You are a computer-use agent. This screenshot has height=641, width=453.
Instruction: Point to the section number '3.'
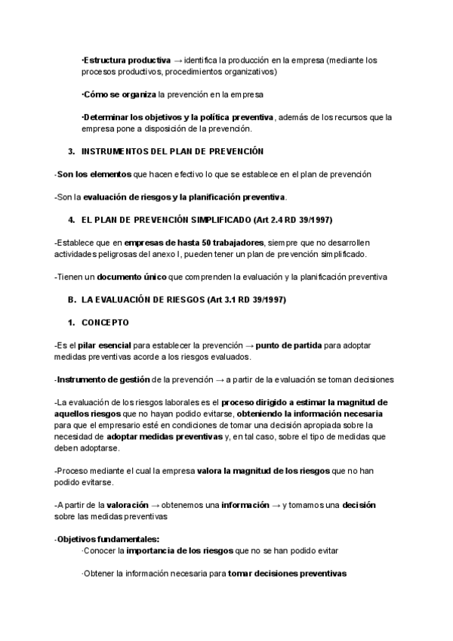71,152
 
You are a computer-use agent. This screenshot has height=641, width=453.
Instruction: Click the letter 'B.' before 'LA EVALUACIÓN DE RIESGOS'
72,300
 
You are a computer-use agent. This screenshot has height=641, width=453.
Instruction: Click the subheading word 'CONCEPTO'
105,323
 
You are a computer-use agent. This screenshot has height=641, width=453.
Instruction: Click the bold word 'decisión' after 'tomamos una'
359,504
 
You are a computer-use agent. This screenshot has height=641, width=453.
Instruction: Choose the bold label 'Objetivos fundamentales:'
108,539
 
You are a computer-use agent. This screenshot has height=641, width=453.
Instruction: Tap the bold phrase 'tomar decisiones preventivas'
287,574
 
